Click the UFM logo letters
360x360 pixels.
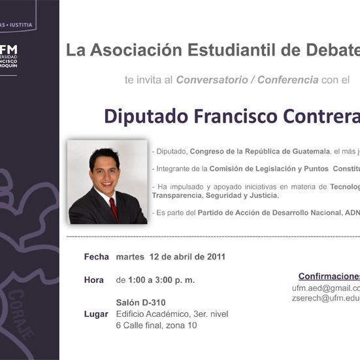[x=9, y=50]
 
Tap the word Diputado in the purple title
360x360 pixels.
[x=144, y=116]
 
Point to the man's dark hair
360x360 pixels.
[x=105, y=157]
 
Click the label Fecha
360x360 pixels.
[x=96, y=257]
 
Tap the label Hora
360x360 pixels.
[x=94, y=280]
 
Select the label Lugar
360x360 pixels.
[x=96, y=314]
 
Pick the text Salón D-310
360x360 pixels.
[x=140, y=303]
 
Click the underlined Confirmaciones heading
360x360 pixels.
[x=329, y=276]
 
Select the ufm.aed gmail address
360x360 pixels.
[x=325, y=287]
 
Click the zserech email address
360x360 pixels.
[x=325, y=298]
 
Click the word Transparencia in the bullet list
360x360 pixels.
[x=177, y=195]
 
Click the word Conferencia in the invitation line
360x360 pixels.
[x=288, y=80]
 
